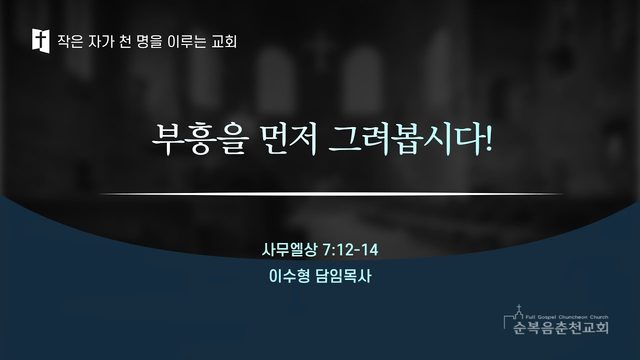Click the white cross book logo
[41, 41]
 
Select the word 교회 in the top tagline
[224, 41]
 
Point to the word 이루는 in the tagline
[187, 41]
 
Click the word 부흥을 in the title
[200, 139]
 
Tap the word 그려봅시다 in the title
[405, 139]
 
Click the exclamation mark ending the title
[488, 139]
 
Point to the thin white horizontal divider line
[331, 194]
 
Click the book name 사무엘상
[290, 249]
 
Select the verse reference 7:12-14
[350, 249]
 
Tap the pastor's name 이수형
[290, 276]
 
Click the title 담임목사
[344, 276]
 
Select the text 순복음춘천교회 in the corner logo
[561, 327]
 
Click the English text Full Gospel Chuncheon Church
[567, 317]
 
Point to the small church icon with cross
[518, 313]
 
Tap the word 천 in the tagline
[124, 41]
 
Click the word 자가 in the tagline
[101, 41]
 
